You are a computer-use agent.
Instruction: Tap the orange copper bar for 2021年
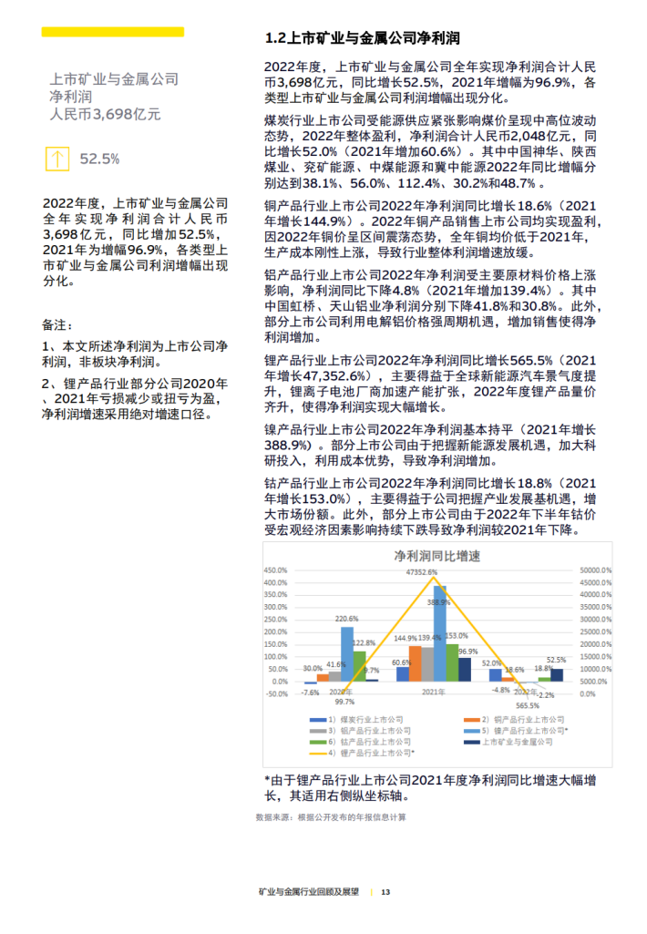tap(415, 664)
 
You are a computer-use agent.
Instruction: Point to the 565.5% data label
tap(528, 705)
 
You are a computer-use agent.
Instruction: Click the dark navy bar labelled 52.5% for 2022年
tap(557, 675)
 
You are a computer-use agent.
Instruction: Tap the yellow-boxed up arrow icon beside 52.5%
tap(56, 159)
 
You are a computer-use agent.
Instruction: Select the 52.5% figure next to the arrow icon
tap(99, 159)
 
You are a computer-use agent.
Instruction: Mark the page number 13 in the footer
tap(385, 891)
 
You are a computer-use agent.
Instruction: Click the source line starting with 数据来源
tap(331, 817)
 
